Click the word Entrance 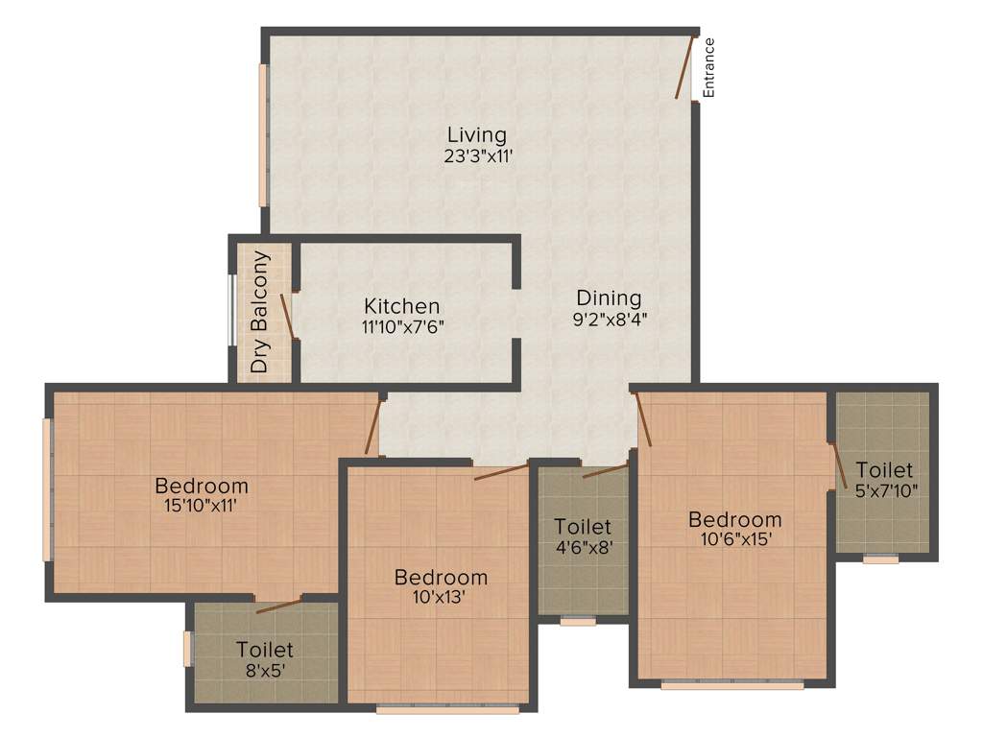point(709,67)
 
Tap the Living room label point(476,135)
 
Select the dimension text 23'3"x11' point(476,156)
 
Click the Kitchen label point(402,306)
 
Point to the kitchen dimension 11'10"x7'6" point(402,326)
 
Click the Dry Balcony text point(259,312)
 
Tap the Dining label point(609,297)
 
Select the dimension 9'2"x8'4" point(609,320)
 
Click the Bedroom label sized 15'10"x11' point(202,486)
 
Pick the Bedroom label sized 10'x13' point(441,577)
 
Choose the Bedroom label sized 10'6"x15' point(734,519)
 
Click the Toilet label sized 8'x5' point(265,650)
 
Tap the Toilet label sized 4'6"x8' point(583,527)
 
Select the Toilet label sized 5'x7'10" point(884,470)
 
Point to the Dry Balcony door point(286,316)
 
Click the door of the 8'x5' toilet point(278,606)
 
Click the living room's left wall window point(262,134)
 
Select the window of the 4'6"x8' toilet point(578,622)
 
